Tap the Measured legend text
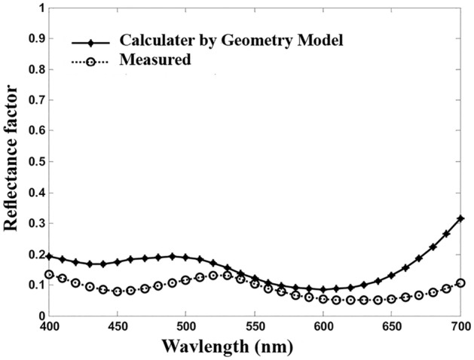[154, 59]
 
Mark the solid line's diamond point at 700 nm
[460, 218]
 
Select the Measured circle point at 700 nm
[460, 283]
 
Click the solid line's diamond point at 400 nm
[50, 256]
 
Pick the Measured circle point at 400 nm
[50, 275]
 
